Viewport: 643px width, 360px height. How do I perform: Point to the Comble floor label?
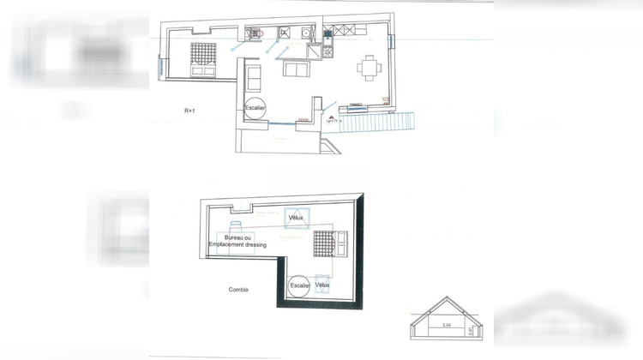(237, 290)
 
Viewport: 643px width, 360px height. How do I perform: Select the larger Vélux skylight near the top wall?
(297, 219)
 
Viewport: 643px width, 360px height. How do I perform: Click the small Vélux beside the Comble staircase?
(323, 285)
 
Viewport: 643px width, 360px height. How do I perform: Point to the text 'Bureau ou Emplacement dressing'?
(237, 241)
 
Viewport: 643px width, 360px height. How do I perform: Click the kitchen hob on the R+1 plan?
(328, 51)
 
